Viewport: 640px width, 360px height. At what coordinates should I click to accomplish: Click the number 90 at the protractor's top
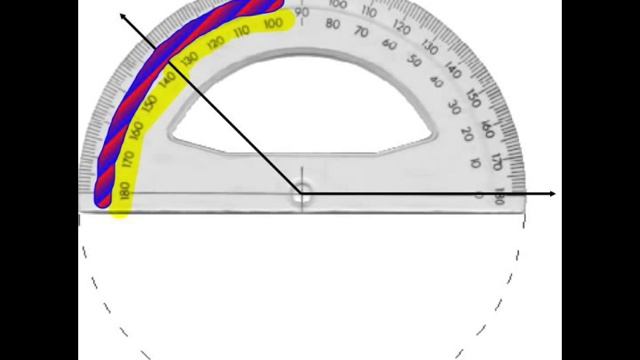point(302,13)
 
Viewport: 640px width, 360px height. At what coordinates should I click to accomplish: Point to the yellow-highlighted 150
point(151,104)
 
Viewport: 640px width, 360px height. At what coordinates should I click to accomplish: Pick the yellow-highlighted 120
point(215,44)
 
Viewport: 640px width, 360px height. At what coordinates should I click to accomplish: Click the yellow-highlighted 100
point(272,24)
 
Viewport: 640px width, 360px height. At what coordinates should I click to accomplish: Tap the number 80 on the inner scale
point(334,25)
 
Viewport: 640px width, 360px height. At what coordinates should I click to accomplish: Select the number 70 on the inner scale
point(362,33)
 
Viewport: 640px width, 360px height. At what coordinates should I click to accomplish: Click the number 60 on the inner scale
point(390,44)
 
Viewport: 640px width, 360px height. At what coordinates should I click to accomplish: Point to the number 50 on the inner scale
point(415,61)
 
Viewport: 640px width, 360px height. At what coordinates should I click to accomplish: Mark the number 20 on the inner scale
point(467,133)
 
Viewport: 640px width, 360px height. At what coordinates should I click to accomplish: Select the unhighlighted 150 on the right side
point(474,98)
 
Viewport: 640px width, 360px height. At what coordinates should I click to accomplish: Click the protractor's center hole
point(301,193)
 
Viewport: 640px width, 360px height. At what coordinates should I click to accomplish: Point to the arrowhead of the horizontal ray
point(552,193)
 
